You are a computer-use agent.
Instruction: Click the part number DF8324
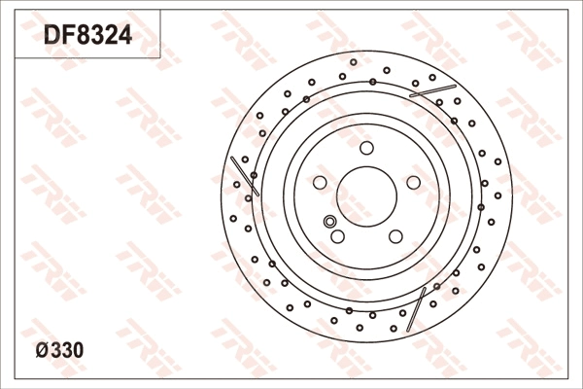[x=87, y=35]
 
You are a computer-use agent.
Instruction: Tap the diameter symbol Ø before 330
[x=42, y=350]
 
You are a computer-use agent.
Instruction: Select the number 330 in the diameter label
[x=67, y=350]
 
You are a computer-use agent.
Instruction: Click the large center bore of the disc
[x=366, y=196]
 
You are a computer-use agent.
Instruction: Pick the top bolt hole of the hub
[x=366, y=148]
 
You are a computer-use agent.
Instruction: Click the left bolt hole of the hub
[x=320, y=183]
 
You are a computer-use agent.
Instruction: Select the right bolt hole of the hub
[x=414, y=183]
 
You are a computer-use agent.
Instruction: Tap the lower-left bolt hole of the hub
[x=337, y=236]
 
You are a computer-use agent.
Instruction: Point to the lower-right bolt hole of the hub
[x=395, y=236]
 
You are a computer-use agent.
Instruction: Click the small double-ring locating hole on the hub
[x=329, y=221]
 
